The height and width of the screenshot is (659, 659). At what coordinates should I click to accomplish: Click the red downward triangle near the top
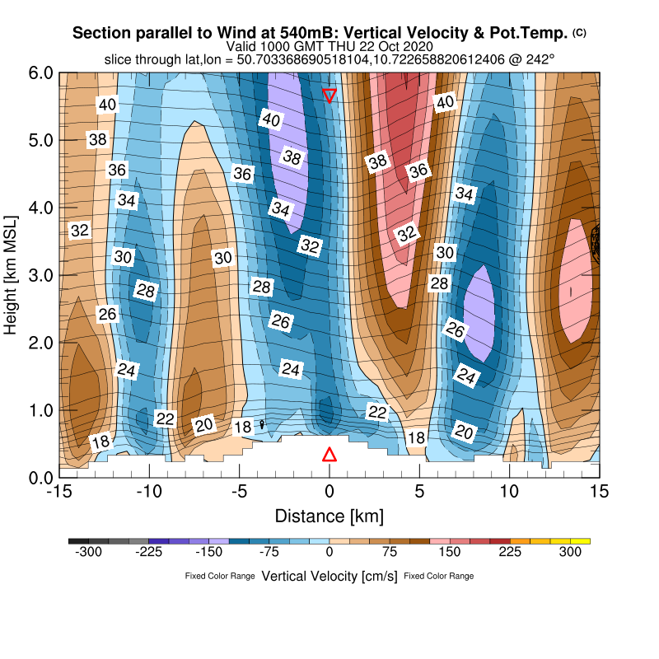329,95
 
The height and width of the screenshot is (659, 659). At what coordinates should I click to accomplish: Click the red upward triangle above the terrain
329,455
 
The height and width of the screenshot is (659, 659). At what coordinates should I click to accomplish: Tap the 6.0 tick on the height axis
42,72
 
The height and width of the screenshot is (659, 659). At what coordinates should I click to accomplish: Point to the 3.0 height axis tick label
42,275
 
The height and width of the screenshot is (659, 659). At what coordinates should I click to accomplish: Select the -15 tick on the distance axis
58,492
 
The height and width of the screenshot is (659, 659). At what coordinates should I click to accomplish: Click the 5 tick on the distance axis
419,492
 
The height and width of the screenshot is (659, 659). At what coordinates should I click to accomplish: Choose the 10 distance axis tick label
509,492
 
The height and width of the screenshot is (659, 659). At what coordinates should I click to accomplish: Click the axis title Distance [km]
329,516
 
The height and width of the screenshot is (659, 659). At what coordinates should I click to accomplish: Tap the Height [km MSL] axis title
12,275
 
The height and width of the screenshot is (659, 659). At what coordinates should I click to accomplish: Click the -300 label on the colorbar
88,553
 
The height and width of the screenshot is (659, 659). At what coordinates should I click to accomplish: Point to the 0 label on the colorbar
329,553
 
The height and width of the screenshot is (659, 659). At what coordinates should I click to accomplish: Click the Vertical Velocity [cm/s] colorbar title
329,576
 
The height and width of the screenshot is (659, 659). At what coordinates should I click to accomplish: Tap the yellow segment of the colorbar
580,541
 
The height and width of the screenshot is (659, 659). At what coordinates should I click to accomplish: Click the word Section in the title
100,33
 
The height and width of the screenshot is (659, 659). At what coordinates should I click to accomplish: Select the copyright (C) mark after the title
579,32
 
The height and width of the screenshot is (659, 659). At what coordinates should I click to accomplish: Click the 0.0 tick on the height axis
42,478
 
